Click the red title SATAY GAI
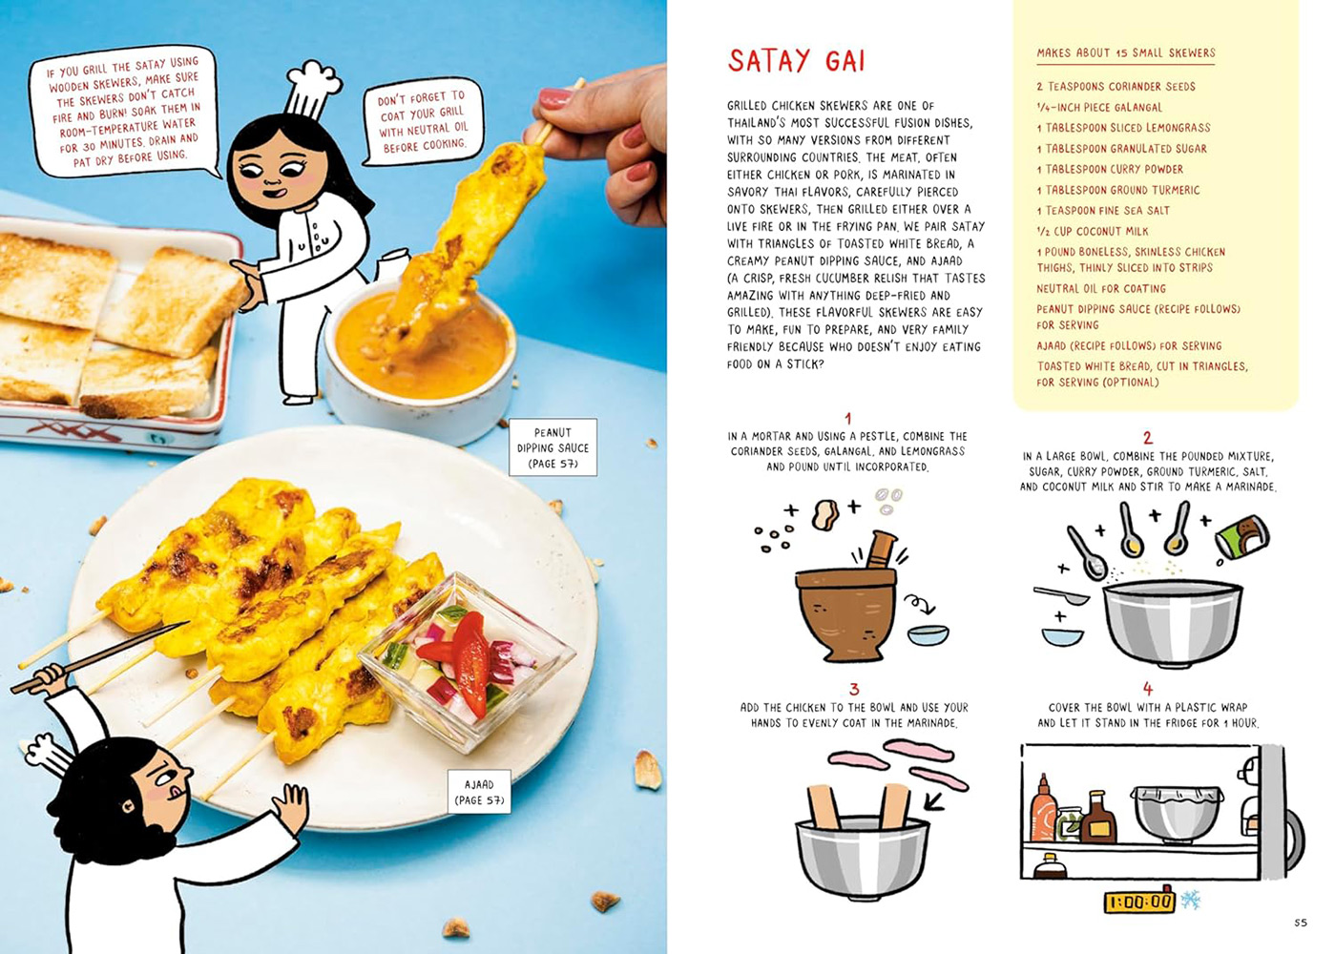point(796,61)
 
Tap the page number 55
point(1301,923)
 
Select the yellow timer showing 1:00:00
point(1139,902)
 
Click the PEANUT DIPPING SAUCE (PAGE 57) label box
point(553,447)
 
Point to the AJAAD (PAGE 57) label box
point(479,792)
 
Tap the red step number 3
point(853,690)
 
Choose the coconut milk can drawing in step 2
point(1242,537)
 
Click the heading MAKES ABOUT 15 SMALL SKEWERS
point(1126,53)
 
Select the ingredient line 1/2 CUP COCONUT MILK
point(1092,231)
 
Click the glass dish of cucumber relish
point(467,661)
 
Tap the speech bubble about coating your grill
point(423,121)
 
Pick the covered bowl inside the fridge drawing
point(1177,813)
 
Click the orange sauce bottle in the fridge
point(1043,809)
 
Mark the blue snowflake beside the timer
point(1190,901)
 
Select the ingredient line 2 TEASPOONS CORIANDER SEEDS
point(1116,87)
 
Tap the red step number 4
point(1147,690)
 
